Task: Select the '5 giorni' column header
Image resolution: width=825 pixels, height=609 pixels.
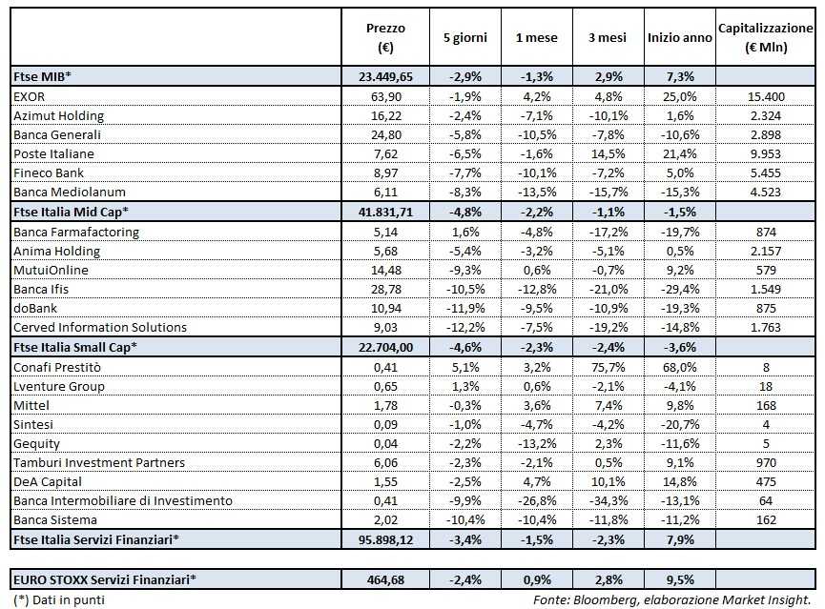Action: click(465, 38)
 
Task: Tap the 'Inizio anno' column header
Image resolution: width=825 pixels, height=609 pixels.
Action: click(679, 38)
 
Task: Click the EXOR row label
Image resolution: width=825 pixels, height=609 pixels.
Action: click(31, 96)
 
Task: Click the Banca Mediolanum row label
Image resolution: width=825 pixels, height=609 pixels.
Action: click(63, 193)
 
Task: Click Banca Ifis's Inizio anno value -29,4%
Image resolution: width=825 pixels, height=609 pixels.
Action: click(679, 289)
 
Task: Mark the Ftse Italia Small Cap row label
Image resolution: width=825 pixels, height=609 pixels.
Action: click(76, 347)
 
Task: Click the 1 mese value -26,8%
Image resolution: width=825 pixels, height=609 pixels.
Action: click(537, 500)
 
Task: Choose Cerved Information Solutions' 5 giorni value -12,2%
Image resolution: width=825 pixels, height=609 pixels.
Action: click(465, 327)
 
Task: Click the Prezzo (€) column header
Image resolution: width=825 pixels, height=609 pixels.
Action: click(386, 38)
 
